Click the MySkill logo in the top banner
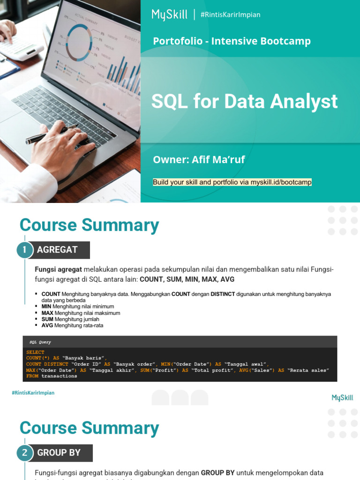[169, 15]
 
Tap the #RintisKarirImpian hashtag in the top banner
[230, 15]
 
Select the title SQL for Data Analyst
[244, 101]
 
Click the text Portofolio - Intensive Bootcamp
[232, 41]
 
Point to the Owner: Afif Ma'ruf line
[199, 160]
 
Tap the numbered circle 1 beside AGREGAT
[25, 250]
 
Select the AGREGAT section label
[57, 250]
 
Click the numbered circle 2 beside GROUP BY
[25, 453]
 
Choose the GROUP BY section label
[59, 453]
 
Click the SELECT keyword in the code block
[35, 352]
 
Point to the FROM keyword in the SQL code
[32, 376]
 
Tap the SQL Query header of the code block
[40, 342]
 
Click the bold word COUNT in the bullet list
[51, 294]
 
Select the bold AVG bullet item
[47, 325]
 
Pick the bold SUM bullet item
[47, 319]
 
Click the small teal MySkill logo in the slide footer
[342, 398]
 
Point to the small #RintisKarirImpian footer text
[33, 393]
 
